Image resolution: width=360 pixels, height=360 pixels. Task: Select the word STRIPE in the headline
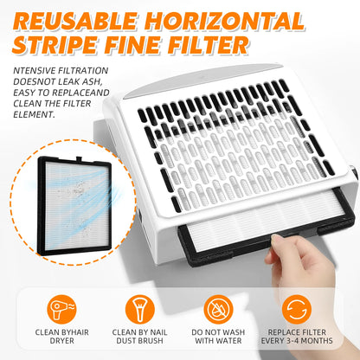[55, 45]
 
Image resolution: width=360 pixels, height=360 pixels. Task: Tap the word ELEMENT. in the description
[34, 114]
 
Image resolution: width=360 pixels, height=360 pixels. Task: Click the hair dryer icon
[61, 309]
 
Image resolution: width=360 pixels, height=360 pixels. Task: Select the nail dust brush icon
[139, 309]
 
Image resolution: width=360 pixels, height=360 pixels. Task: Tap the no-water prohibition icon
[218, 309]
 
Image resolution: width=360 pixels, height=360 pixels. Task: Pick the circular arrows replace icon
[297, 309]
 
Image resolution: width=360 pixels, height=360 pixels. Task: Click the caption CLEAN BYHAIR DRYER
[61, 337]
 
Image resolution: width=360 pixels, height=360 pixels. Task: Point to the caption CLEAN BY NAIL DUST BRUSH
[139, 337]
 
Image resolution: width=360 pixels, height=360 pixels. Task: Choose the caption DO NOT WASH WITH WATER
[218, 337]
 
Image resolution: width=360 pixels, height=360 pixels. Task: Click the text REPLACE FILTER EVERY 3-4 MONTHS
[297, 337]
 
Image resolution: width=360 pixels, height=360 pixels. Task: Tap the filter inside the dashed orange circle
[75, 205]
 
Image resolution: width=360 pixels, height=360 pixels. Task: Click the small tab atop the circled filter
[79, 158]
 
